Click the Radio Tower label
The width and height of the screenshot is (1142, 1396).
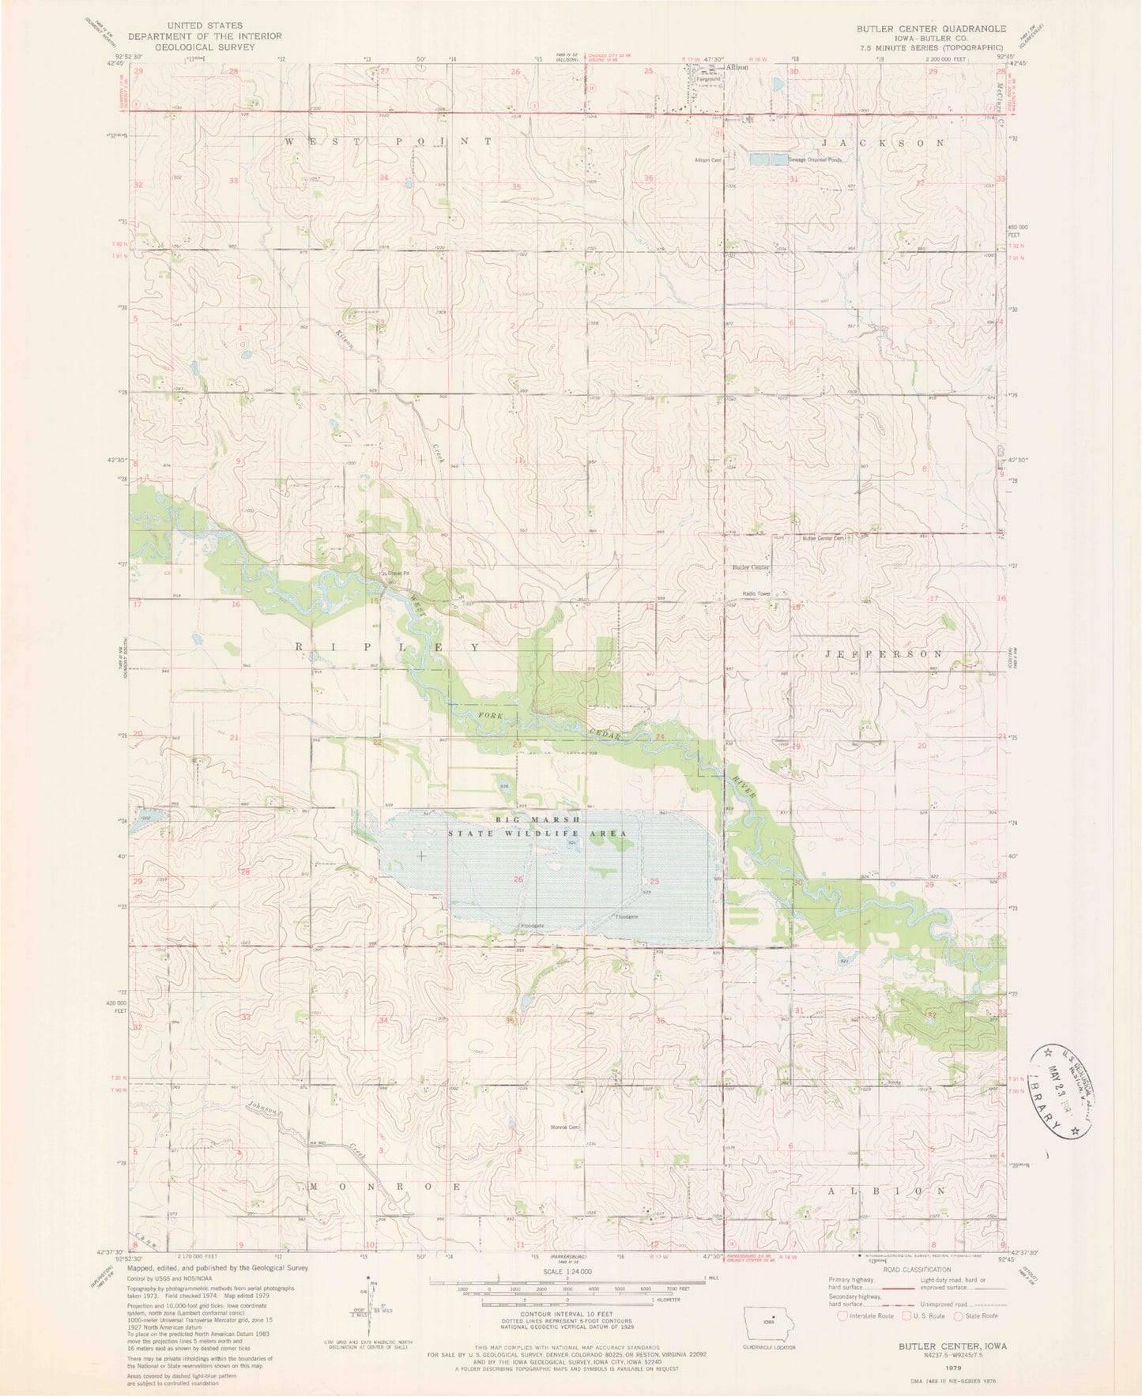click(756, 593)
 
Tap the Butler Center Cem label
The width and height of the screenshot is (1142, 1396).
click(824, 539)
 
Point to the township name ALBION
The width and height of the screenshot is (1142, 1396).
click(884, 1189)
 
